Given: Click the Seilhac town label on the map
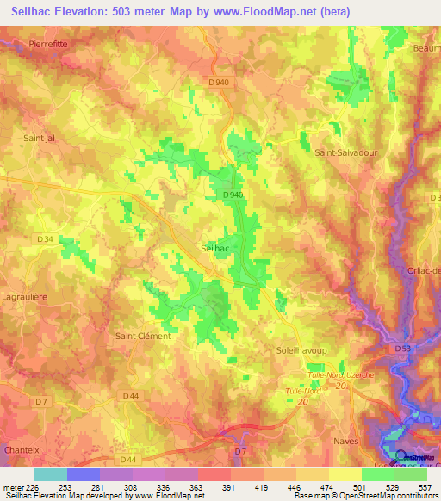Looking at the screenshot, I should point(214,247).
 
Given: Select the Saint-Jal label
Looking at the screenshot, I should point(40,138).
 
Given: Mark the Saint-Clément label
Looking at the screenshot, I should point(143,336).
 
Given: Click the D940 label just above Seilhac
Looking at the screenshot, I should point(233,195).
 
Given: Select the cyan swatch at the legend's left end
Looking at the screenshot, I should point(50,474).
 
